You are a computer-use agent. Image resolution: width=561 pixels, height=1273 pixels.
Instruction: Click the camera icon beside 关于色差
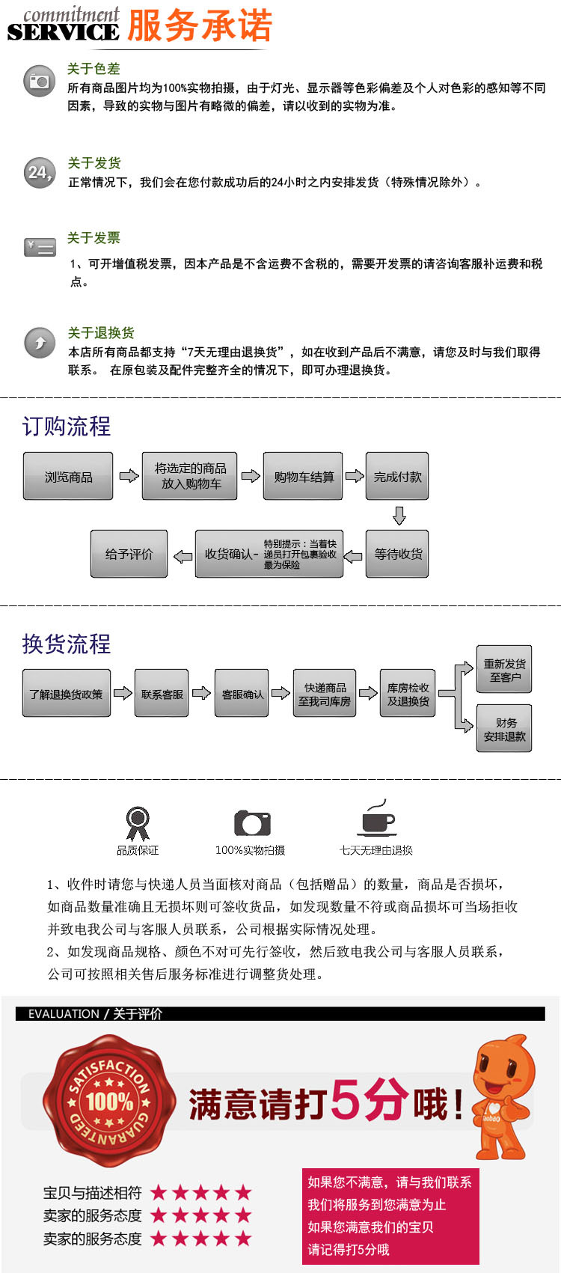(40, 81)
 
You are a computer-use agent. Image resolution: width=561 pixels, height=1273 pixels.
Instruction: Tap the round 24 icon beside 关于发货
(40, 173)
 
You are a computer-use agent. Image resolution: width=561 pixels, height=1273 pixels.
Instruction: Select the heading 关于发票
(93, 238)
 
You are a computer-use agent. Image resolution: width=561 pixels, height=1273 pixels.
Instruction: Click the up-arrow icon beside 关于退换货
(40, 343)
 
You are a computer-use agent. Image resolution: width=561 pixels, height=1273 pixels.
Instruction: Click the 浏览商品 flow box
(68, 476)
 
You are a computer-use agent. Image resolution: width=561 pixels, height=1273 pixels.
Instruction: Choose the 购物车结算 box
(303, 476)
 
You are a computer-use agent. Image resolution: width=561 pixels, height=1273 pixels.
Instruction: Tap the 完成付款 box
(397, 476)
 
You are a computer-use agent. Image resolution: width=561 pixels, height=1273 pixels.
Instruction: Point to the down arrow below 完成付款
(399, 516)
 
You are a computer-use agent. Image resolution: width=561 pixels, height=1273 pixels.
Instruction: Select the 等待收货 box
(397, 554)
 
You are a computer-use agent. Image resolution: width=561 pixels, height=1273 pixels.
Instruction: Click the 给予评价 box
(129, 554)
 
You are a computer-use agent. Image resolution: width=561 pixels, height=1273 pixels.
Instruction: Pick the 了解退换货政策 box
(67, 694)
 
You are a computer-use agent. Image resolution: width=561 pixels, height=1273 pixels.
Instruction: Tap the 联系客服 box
(162, 694)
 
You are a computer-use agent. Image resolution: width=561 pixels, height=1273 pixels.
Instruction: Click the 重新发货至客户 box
(504, 670)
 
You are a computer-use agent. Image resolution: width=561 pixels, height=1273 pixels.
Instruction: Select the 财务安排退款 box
(504, 729)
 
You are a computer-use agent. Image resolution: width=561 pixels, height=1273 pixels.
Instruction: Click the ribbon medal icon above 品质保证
(137, 822)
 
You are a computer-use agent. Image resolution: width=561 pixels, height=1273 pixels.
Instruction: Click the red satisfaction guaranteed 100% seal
(109, 1100)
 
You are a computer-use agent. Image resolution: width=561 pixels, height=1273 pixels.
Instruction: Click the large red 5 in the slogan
(349, 1100)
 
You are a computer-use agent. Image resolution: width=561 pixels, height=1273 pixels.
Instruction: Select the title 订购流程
(67, 427)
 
